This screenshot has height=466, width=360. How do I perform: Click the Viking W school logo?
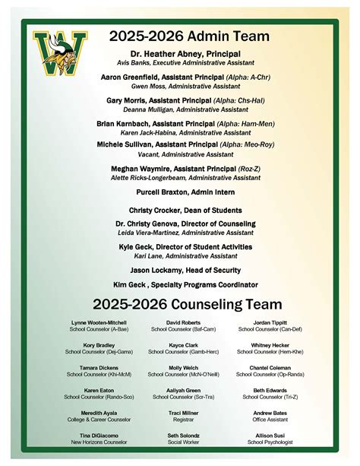[x=52, y=55]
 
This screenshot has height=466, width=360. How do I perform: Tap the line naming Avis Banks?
[x=185, y=63]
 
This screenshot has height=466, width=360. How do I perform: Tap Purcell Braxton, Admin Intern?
[x=185, y=192]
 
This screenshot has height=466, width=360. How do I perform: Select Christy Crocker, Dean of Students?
[x=185, y=210]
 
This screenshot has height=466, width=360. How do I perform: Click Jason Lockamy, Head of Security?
[x=185, y=270]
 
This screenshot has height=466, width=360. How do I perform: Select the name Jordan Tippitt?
[x=270, y=322]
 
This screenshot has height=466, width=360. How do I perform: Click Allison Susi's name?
[x=270, y=434]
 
